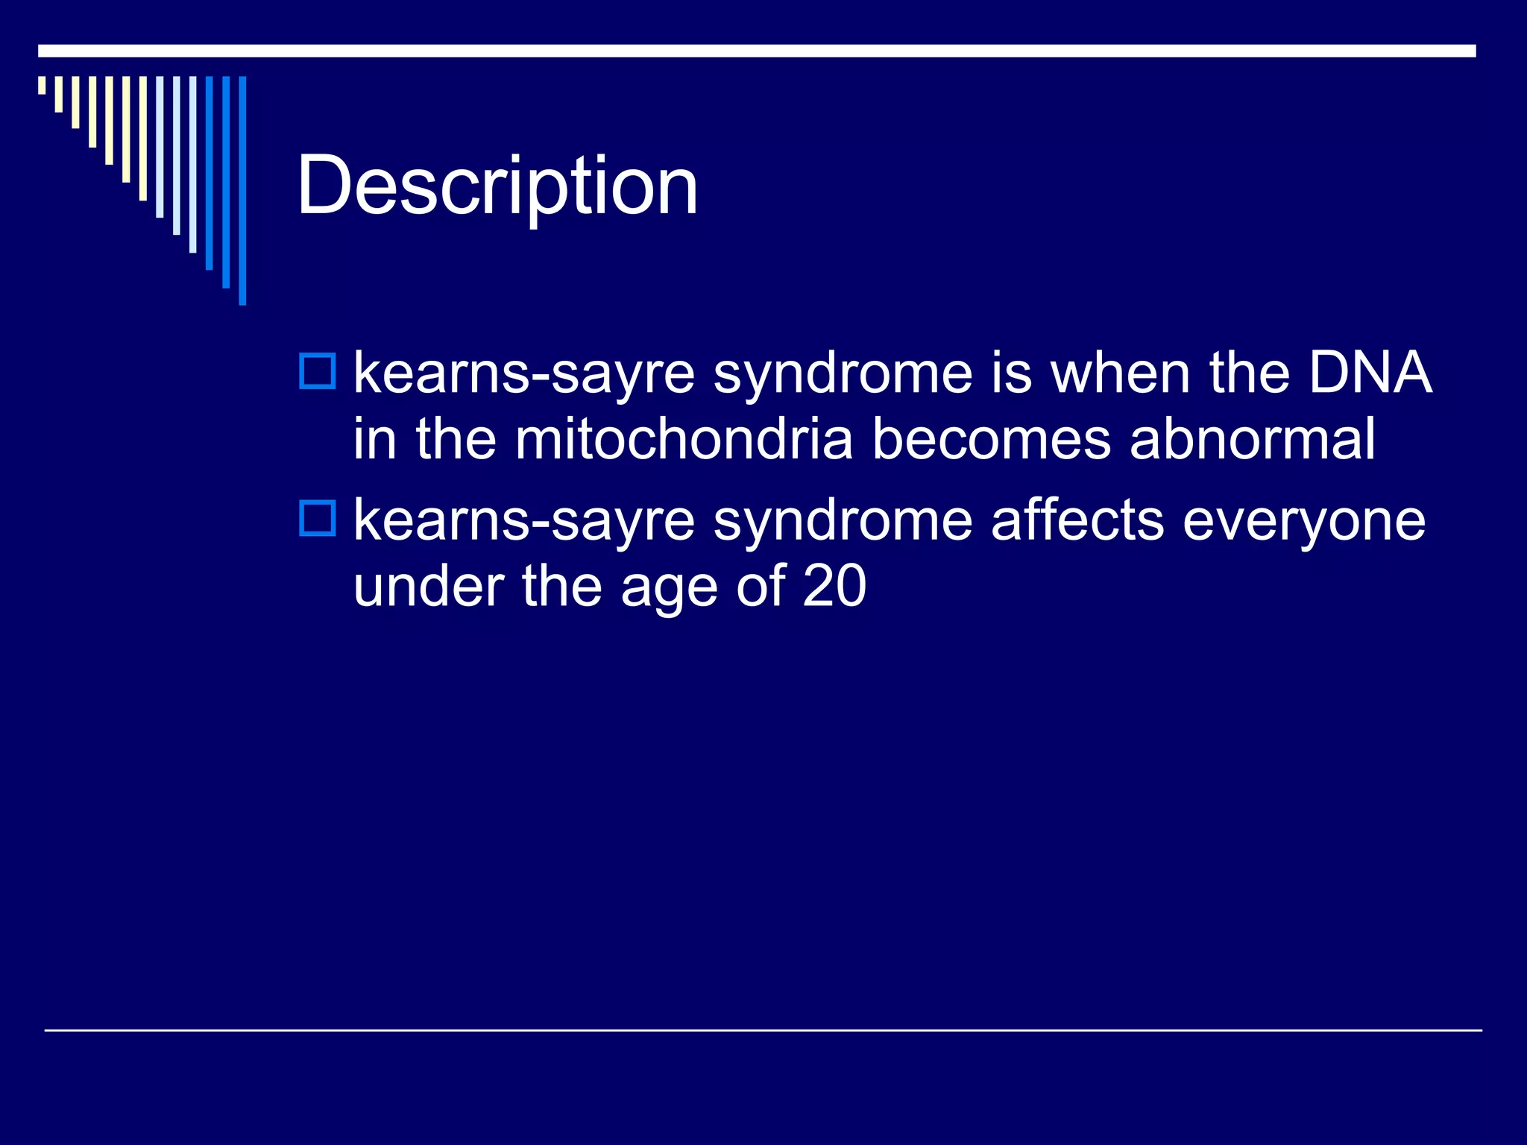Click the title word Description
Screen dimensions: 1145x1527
point(497,186)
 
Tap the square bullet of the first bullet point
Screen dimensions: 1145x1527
point(318,371)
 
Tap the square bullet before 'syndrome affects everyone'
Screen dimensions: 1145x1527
point(318,518)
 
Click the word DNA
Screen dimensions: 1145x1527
point(1370,373)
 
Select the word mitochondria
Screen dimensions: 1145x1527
point(683,439)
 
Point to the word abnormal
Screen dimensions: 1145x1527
point(1252,439)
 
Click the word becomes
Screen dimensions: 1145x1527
point(991,439)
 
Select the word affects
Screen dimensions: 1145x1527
point(1077,520)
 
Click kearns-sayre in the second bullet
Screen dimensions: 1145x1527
point(523,521)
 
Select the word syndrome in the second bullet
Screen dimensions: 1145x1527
point(843,521)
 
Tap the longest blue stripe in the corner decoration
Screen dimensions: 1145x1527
point(242,190)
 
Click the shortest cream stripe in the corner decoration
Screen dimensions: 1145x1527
point(42,85)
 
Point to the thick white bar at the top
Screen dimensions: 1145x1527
point(757,51)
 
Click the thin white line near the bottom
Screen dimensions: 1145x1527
point(763,1030)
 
